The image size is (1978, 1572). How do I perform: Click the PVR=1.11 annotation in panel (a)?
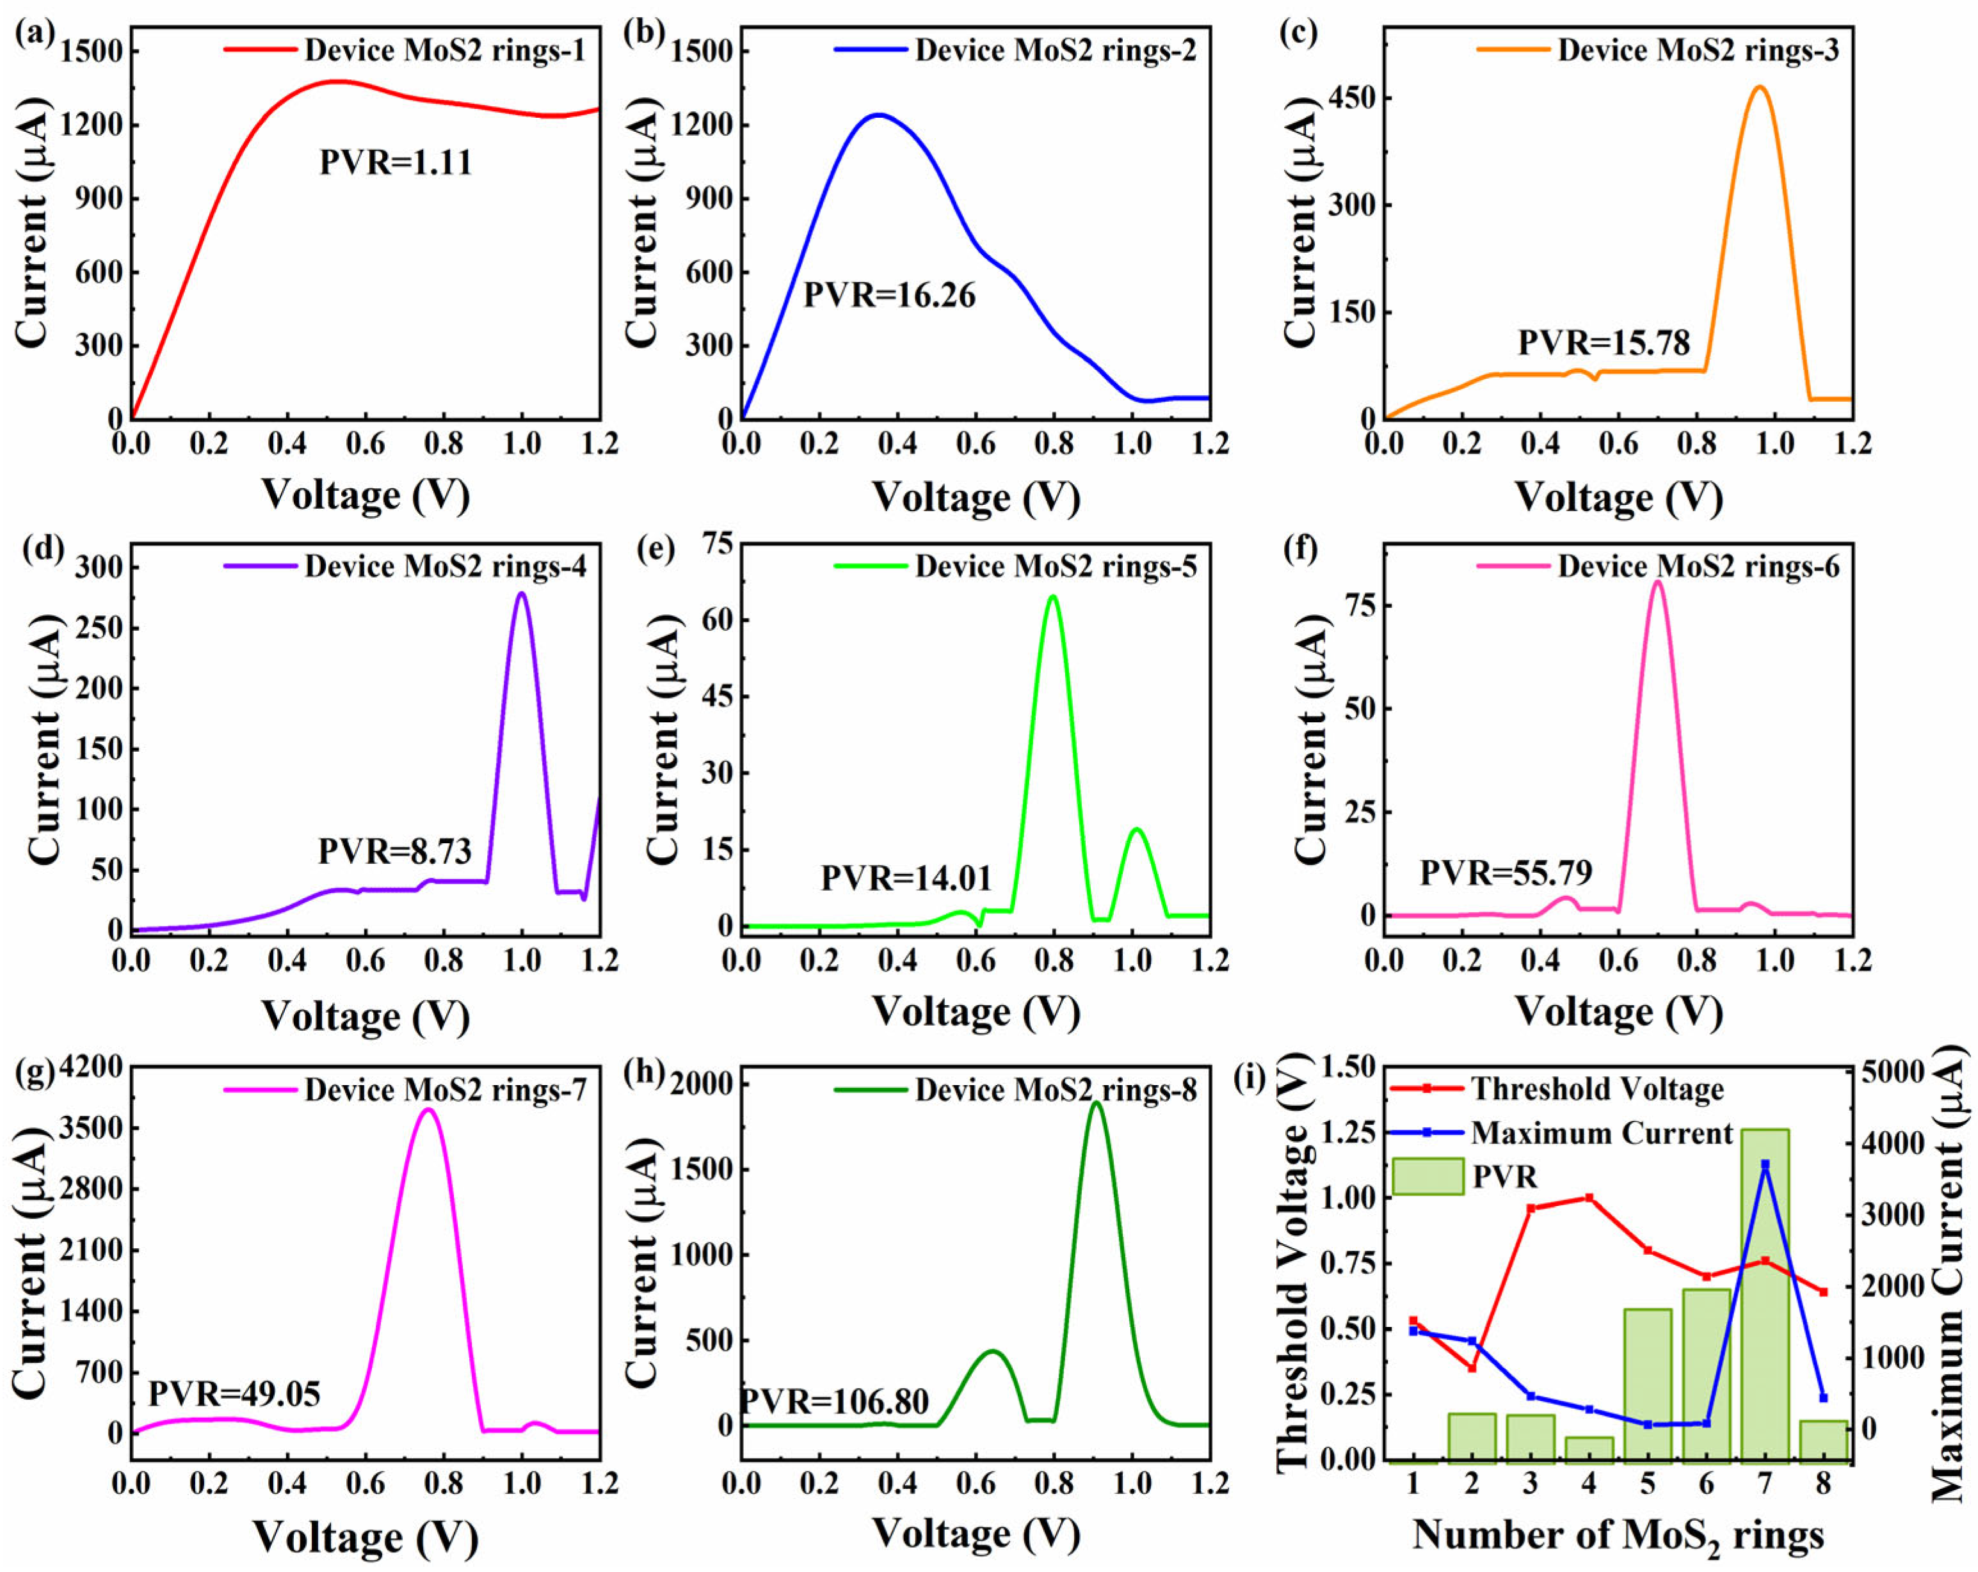pos(396,163)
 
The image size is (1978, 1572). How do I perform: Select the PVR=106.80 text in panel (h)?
pos(834,1401)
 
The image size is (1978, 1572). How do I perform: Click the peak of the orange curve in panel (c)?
pos(1758,87)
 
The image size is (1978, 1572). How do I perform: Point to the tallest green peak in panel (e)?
pos(1052,597)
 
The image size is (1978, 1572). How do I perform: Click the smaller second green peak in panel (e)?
pos(1137,829)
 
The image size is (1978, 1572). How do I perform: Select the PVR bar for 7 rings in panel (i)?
pos(1764,1293)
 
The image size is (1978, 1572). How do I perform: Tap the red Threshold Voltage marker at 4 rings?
pos(1588,1198)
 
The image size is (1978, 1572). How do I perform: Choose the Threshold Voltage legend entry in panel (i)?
pos(1597,1089)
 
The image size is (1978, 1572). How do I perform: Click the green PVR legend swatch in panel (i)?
pos(1427,1177)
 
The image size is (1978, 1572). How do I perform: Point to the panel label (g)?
pos(34,1074)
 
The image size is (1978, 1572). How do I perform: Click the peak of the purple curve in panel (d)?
pos(522,593)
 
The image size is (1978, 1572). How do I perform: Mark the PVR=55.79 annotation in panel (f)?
pos(1506,872)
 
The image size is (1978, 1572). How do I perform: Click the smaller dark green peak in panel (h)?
pos(992,1351)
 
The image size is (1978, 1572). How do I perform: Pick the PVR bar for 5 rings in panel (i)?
pos(1647,1383)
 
